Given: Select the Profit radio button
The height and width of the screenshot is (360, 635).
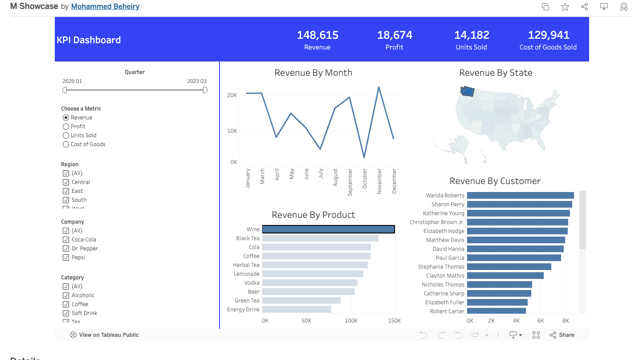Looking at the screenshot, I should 66,127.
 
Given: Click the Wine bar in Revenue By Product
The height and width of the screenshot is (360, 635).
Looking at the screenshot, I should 328,229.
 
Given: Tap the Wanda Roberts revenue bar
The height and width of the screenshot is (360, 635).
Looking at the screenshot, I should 520,195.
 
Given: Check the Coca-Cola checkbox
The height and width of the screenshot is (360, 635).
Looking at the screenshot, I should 66,240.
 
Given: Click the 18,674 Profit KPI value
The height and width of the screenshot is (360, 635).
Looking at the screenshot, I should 395,35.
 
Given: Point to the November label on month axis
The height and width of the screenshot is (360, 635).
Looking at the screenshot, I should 379,181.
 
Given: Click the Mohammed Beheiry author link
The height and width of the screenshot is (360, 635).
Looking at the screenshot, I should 105,6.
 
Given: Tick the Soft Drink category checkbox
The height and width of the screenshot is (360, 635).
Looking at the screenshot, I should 66,313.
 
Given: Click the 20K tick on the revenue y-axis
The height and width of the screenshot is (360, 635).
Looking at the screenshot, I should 232,95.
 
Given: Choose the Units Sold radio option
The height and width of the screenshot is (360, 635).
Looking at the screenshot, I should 66,135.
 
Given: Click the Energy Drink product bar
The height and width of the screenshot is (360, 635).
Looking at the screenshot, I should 297,310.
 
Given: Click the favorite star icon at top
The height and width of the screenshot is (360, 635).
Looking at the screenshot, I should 565,7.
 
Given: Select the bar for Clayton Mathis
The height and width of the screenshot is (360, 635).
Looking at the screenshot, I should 505,276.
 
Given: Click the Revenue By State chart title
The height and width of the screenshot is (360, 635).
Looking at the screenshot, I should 496,73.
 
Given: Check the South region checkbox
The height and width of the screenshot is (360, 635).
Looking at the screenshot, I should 66,200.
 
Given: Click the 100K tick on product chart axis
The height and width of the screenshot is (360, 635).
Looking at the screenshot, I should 351,321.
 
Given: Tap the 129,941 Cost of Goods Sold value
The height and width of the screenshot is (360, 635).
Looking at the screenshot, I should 548,35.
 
